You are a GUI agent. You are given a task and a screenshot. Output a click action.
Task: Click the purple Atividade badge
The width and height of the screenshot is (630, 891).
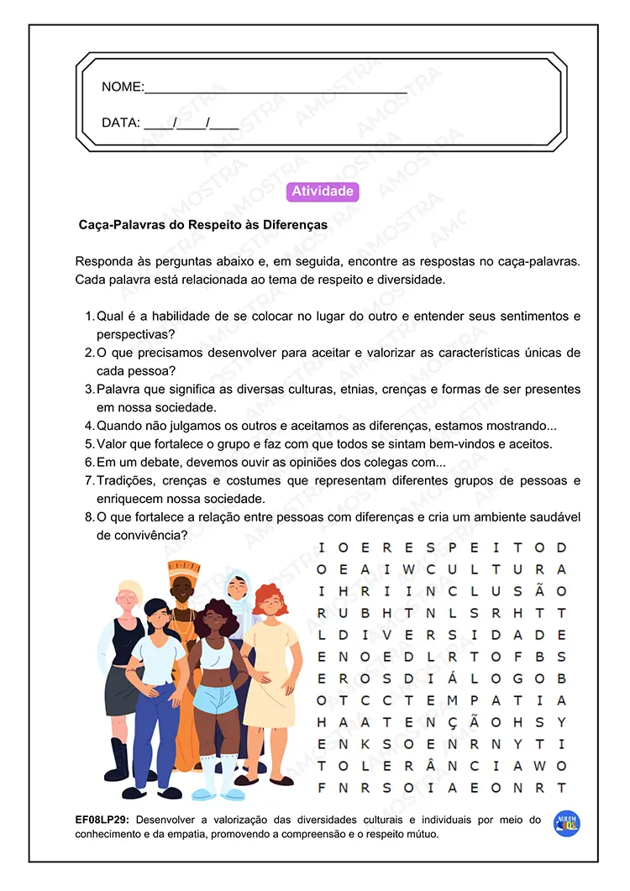pos(323,191)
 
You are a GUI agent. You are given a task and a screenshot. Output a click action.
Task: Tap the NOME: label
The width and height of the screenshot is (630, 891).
pos(123,87)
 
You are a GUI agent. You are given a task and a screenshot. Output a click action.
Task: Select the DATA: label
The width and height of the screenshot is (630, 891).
pos(120,123)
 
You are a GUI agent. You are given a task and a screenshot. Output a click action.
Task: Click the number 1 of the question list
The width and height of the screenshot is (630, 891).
pos(89,317)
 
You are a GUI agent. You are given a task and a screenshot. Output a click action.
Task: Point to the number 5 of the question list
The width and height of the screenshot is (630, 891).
pos(89,444)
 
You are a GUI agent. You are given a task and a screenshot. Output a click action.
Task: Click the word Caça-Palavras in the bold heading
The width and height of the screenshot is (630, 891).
pos(118,226)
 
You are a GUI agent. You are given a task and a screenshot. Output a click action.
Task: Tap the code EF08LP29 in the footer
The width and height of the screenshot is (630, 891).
pos(102,820)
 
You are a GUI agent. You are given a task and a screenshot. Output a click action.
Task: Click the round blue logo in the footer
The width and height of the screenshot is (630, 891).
pos(567,824)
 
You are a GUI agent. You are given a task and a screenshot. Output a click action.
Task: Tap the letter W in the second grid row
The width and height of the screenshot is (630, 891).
pos(409,570)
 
